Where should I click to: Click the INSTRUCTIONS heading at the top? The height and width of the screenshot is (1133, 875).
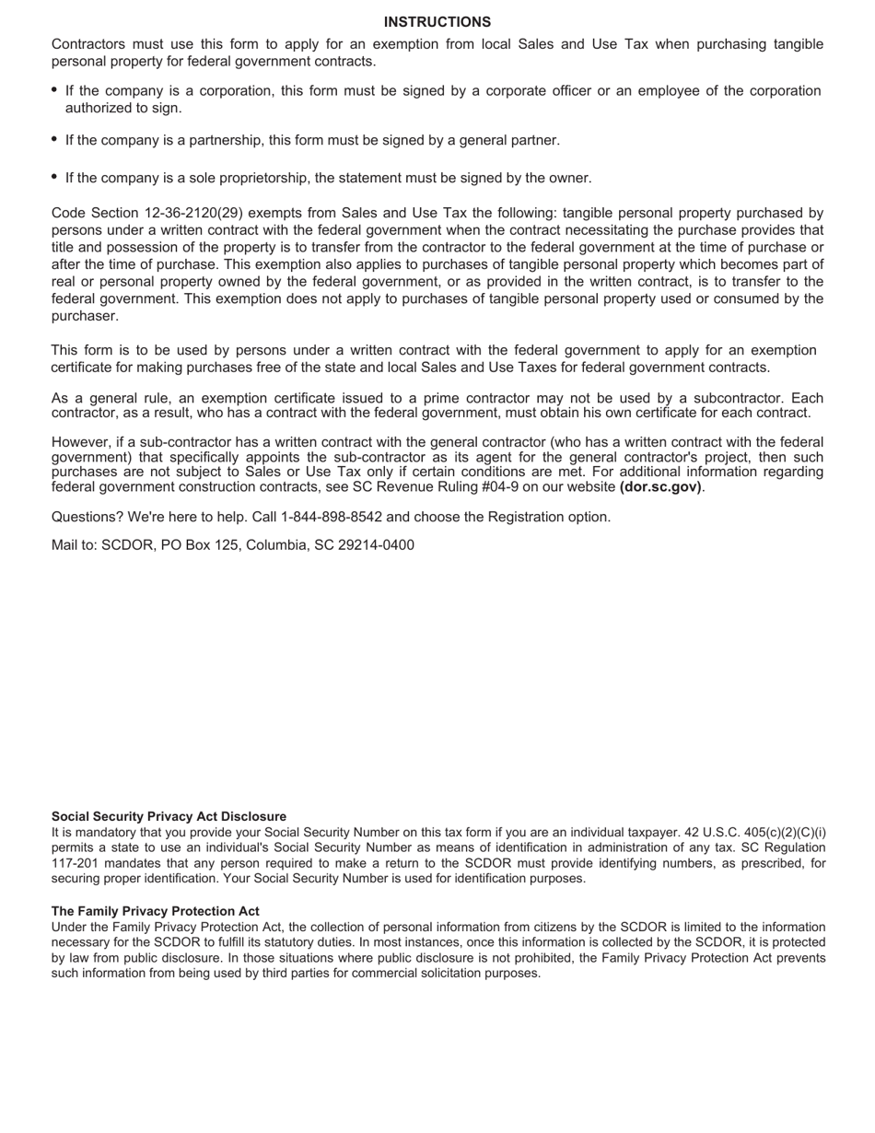[437, 22]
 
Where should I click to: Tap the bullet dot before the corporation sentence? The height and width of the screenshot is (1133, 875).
[55, 90]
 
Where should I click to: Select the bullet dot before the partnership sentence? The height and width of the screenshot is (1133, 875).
[55, 140]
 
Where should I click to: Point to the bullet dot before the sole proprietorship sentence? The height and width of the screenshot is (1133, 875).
[55, 177]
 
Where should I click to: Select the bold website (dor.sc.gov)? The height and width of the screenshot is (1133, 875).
[660, 486]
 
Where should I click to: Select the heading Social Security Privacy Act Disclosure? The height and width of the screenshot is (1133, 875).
[169, 816]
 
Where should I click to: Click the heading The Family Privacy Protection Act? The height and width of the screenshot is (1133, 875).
[155, 911]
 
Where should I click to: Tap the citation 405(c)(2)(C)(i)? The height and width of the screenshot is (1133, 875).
[785, 832]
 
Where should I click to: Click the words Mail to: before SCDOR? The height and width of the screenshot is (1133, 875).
[74, 545]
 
